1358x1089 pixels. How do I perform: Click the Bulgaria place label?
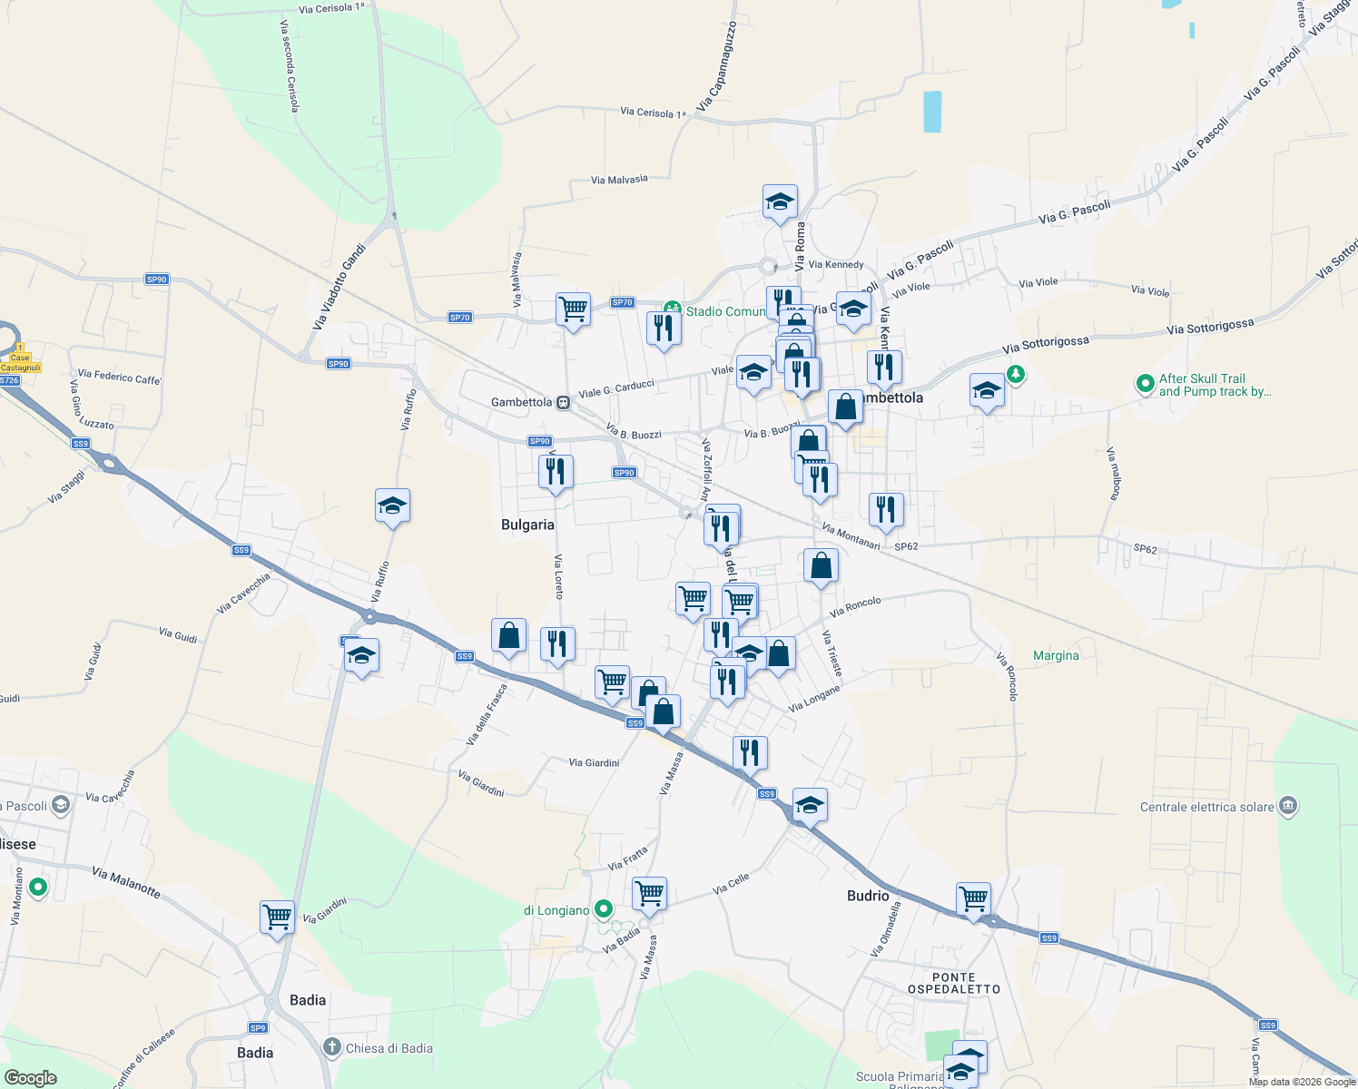527,525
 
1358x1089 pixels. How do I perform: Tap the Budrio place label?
868,896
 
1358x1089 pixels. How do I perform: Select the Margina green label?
1056,655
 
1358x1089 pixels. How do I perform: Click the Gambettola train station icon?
564,402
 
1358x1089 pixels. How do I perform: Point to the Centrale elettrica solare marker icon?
1288,806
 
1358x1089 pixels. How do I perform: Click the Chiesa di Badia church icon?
332,1047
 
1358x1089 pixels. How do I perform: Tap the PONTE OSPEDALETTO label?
954,983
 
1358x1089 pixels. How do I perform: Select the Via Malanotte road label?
126,882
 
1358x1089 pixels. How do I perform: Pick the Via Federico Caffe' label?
120,377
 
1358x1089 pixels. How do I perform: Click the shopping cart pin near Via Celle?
649,894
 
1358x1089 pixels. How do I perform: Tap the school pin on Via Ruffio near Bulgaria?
392,506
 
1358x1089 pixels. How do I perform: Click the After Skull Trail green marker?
1146,384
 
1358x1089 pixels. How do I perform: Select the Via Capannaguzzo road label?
716,67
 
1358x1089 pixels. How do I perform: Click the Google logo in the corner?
30,1078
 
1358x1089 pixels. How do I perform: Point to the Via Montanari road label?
851,535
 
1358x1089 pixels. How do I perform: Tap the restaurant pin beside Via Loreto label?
556,644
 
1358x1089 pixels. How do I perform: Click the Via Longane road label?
814,699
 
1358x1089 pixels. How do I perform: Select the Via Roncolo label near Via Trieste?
855,606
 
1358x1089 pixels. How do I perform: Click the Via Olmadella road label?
886,929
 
